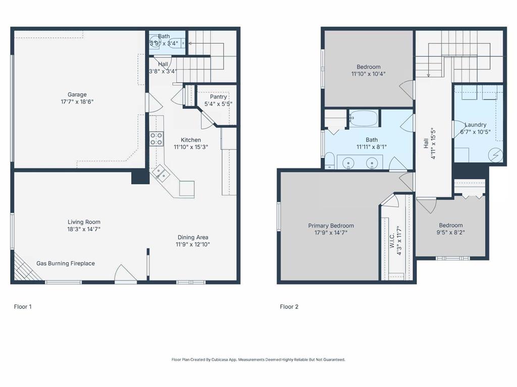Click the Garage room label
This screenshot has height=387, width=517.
(x=77, y=94)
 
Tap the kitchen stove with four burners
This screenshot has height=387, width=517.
(x=157, y=139)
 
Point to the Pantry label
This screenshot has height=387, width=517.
(x=218, y=97)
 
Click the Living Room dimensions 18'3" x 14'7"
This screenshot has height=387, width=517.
(x=84, y=229)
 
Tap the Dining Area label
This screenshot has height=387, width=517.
(x=193, y=237)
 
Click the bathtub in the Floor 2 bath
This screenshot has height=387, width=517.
(x=364, y=118)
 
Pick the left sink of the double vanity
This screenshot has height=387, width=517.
(x=348, y=163)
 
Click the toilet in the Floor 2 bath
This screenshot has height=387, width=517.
(x=329, y=162)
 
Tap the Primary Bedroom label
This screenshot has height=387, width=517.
(x=331, y=226)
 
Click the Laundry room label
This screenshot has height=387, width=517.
(x=475, y=125)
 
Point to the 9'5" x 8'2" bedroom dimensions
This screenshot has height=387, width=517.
(x=451, y=232)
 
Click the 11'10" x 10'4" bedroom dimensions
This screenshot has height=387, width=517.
(x=369, y=74)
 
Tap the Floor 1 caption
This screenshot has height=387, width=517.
(x=23, y=306)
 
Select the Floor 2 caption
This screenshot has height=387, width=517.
(x=289, y=306)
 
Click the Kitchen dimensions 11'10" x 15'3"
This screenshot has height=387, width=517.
(x=191, y=147)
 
